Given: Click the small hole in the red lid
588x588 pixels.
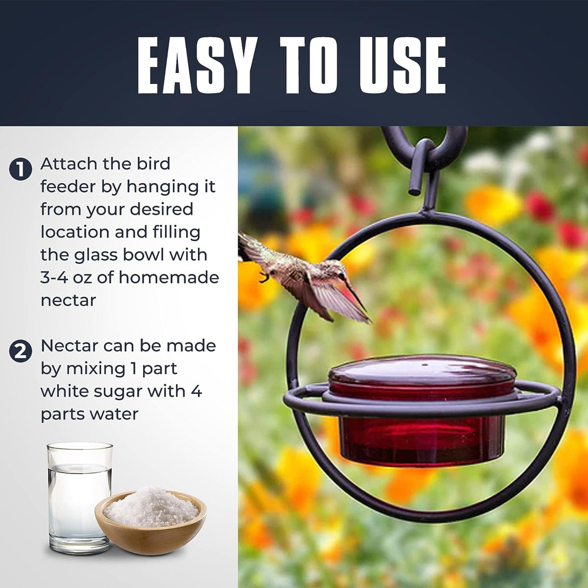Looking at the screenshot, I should pos(425,365).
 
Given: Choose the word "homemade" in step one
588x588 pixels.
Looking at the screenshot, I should pos(169,277).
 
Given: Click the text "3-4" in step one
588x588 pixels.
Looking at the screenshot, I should pos(54,277).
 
